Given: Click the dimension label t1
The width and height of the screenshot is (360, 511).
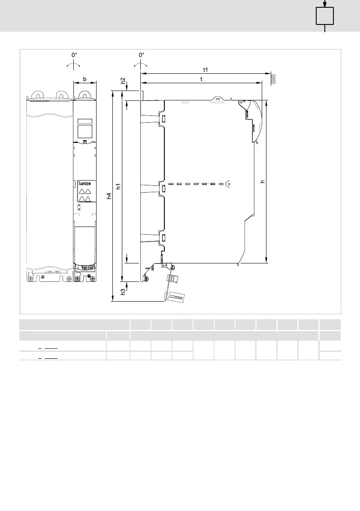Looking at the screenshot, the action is click(x=205, y=70).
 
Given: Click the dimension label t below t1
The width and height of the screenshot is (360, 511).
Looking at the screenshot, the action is click(x=201, y=79).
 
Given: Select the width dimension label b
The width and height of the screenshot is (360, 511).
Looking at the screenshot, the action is click(x=85, y=79).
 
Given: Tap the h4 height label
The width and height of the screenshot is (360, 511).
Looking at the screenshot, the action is click(x=109, y=196).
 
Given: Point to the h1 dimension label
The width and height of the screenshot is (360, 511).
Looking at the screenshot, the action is click(x=119, y=186).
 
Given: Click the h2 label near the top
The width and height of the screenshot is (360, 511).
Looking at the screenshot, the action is click(x=123, y=81).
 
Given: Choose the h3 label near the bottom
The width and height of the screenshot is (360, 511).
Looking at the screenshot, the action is click(x=123, y=292).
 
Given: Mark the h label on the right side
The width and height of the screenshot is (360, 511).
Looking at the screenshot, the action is click(x=263, y=181).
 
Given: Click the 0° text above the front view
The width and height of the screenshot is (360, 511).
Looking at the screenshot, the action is click(x=74, y=55).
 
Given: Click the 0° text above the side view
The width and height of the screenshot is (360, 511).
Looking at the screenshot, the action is click(x=142, y=55).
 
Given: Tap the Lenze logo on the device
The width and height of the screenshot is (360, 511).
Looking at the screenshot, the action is click(x=85, y=184).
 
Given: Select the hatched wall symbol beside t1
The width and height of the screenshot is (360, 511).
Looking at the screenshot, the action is click(x=273, y=79).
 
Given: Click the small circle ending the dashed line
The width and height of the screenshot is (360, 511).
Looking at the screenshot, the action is click(x=228, y=184).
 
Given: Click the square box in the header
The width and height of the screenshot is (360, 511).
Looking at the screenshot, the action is click(x=325, y=16).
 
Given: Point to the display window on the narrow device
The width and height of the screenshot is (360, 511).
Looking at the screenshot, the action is click(x=85, y=130).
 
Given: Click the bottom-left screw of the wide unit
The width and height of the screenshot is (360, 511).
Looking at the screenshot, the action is click(x=30, y=279).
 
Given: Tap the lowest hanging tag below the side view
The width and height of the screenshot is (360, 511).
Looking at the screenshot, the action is click(x=175, y=297).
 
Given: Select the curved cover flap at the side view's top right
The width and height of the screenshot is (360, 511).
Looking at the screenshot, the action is click(x=254, y=121).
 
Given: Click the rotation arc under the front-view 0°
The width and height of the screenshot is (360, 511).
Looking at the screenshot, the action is click(x=74, y=64).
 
